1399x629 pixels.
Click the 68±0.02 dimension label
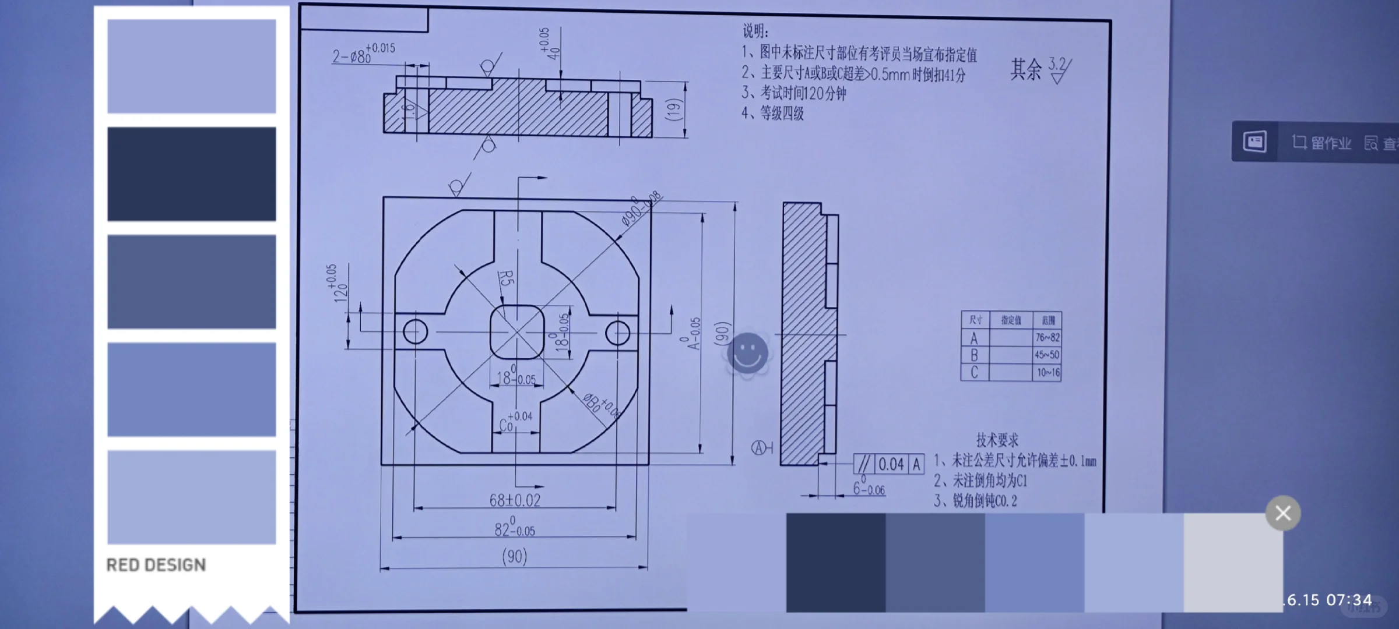pyautogui.click(x=515, y=500)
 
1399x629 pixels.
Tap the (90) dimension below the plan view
pyautogui.click(x=514, y=556)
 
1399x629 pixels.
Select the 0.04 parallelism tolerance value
pyautogui.click(x=891, y=464)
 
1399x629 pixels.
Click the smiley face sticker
pyautogui.click(x=749, y=354)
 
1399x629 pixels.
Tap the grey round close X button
pyautogui.click(x=1282, y=513)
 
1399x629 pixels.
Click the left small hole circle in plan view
pyautogui.click(x=415, y=332)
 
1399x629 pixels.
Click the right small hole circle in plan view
pyautogui.click(x=617, y=333)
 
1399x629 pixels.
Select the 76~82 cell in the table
pyautogui.click(x=1047, y=337)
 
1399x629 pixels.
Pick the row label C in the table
pyautogui.click(x=973, y=372)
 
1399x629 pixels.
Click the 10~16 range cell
pyautogui.click(x=1048, y=373)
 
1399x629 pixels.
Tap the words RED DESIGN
pyautogui.click(x=156, y=565)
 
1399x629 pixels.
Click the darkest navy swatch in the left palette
pyautogui.click(x=191, y=174)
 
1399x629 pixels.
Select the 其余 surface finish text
pyautogui.click(x=1025, y=69)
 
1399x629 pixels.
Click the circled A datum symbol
pyautogui.click(x=758, y=448)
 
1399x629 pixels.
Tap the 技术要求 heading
pyautogui.click(x=997, y=440)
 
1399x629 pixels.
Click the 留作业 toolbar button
pyautogui.click(x=1321, y=143)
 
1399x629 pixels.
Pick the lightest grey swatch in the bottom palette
pyautogui.click(x=1233, y=562)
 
